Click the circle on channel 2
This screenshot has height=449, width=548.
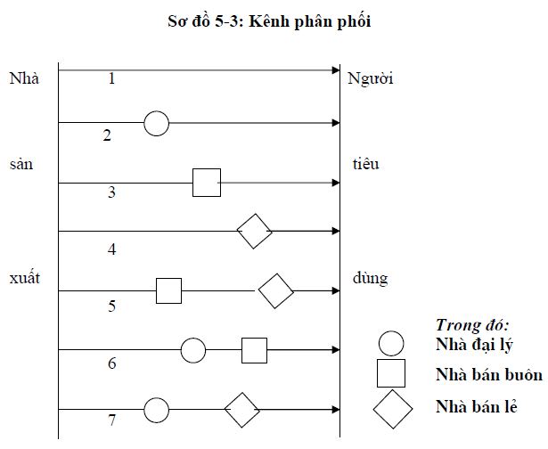pyautogui.click(x=156, y=123)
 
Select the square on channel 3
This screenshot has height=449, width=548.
pyautogui.click(x=207, y=184)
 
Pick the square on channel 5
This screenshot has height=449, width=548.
pyautogui.click(x=168, y=290)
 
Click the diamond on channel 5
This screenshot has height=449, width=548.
pyautogui.click(x=276, y=290)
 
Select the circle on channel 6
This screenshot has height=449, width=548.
pyautogui.click(x=193, y=350)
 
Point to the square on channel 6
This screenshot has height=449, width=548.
pyautogui.click(x=255, y=350)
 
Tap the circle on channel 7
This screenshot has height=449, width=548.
pyautogui.click(x=156, y=411)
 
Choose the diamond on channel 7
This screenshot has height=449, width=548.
pyautogui.click(x=241, y=411)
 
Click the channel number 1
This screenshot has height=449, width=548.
pyautogui.click(x=111, y=78)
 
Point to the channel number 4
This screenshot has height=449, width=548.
pyautogui.click(x=111, y=249)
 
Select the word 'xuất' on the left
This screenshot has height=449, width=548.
pyautogui.click(x=24, y=278)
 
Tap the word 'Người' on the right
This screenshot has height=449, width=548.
pyautogui.click(x=370, y=78)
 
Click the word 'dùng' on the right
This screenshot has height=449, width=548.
pyautogui.click(x=370, y=278)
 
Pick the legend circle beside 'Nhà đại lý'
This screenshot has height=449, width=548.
pyautogui.click(x=392, y=343)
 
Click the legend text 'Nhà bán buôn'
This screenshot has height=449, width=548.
pyautogui.click(x=489, y=374)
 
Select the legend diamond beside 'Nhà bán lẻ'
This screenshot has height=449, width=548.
pyautogui.click(x=392, y=409)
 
